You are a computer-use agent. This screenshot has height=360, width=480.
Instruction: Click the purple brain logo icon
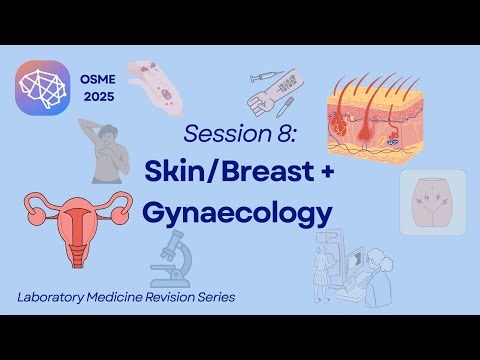coord(43,86)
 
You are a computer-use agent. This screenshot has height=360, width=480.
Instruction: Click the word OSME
coord(97,74)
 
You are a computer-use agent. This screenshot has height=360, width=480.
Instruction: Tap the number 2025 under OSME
coord(97,98)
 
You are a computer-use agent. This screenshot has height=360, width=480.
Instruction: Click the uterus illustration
coord(75,218)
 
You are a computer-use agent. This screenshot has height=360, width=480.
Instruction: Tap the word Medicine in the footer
coord(124,298)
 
